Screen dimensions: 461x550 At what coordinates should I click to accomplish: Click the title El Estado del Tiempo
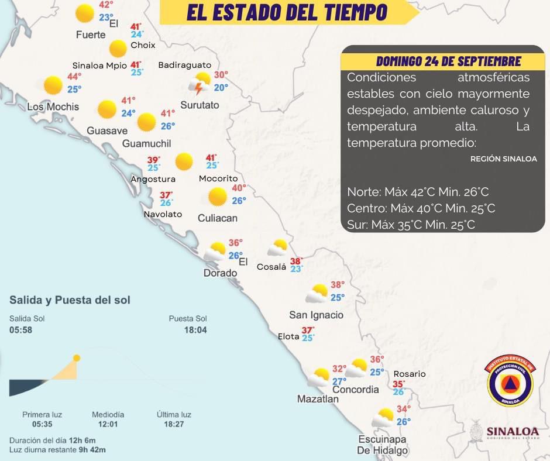tap(287, 12)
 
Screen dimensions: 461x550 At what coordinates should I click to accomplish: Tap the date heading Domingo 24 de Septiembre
tap(448, 61)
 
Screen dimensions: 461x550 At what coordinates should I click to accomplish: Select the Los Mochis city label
tap(53, 107)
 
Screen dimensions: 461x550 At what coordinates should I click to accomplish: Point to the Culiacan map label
tap(217, 218)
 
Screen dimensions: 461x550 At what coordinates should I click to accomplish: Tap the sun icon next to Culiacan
tap(218, 197)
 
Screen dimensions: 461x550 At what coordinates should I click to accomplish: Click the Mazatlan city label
tap(318, 399)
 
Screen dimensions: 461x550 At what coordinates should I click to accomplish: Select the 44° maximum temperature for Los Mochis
tap(74, 77)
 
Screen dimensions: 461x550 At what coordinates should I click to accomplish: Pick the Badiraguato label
tap(185, 65)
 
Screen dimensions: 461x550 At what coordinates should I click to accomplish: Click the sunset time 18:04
tap(196, 330)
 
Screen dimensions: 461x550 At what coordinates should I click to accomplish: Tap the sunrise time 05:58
tap(20, 330)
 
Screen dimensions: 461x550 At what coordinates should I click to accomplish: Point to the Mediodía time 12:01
tap(108, 424)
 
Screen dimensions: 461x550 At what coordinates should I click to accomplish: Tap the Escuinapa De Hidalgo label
tap(383, 445)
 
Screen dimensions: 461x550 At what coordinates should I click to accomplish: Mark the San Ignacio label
tap(316, 315)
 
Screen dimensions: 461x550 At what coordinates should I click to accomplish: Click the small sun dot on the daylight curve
tap(77, 358)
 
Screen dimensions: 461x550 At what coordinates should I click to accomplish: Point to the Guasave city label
tap(107, 130)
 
